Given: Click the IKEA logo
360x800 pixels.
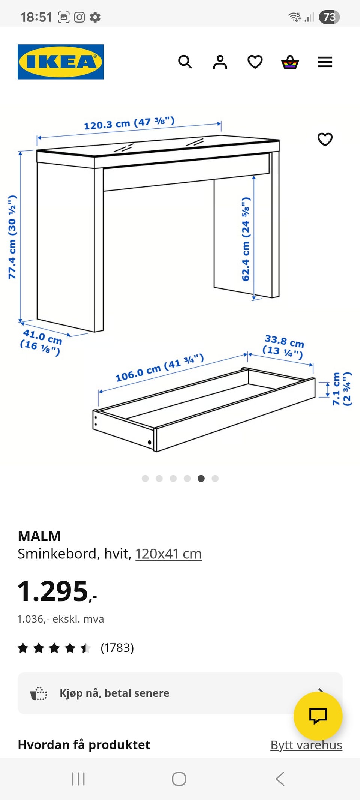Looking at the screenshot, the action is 61,62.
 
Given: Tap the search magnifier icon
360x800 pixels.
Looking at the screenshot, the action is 185,62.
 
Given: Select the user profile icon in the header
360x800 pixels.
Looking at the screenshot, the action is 220,62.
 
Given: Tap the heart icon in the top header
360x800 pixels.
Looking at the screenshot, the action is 255,62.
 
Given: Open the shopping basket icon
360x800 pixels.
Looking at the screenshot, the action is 290,62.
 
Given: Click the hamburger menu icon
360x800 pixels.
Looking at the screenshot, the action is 325,62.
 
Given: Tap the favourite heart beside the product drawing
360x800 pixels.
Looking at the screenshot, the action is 325,139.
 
